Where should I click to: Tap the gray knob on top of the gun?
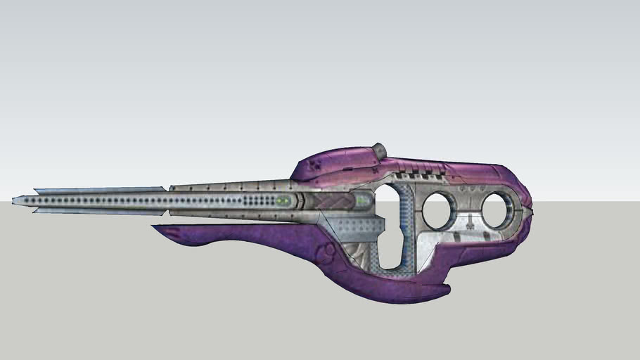(379, 150)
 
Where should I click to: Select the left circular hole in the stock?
(439, 210)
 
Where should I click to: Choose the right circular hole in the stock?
(499, 210)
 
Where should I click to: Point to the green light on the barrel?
(283, 201)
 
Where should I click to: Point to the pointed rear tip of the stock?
(531, 210)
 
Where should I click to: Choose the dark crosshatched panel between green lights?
(327, 202)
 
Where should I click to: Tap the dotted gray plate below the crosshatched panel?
(355, 224)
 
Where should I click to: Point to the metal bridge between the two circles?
(469, 210)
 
